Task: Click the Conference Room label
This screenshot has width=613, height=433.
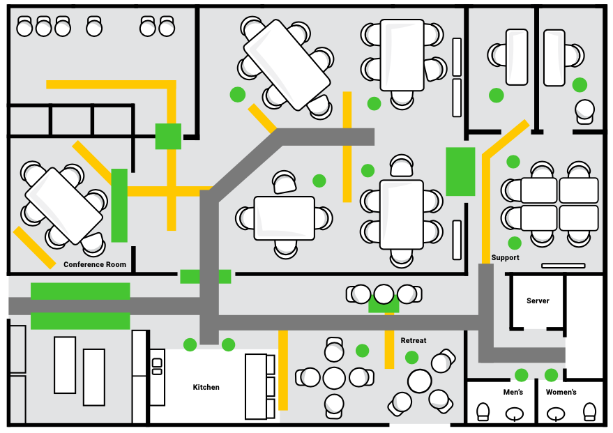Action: [95, 264]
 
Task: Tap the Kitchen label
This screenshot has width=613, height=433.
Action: [206, 387]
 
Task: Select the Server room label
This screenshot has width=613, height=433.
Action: [538, 301]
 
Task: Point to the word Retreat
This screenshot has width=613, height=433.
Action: [414, 341]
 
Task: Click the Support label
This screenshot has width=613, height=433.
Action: [506, 257]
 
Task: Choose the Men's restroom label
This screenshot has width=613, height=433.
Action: [513, 392]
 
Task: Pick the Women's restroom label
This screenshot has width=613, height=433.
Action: [561, 392]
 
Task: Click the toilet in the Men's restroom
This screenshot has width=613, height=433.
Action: [483, 412]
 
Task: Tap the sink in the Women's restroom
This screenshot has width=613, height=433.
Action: [556, 413]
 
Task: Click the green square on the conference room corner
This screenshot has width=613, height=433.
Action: [168, 137]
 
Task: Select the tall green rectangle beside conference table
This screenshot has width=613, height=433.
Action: [119, 206]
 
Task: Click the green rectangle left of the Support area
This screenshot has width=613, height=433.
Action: [460, 172]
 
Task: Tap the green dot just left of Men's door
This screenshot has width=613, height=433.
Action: [521, 375]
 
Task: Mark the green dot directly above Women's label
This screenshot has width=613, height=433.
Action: [551, 375]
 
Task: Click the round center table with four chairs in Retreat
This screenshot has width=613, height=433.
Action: [334, 378]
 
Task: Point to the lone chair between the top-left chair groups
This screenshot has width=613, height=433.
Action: [94, 26]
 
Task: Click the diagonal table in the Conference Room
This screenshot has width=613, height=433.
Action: [63, 206]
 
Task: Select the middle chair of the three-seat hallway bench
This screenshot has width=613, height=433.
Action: [384, 294]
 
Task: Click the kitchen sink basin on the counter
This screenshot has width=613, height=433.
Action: [157, 363]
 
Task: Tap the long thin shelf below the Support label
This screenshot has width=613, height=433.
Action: [563, 266]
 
